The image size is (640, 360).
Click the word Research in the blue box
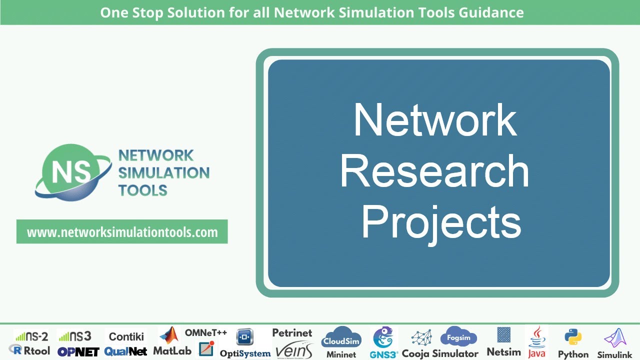coord(434,171)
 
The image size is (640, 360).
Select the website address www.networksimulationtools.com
coord(122,232)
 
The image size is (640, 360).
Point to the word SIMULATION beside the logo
coord(163,173)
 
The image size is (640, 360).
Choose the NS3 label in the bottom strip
coord(74,336)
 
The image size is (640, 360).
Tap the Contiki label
coord(126,336)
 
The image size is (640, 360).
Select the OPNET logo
coord(78,351)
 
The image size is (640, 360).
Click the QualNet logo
coord(126,351)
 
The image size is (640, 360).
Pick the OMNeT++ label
coord(206,332)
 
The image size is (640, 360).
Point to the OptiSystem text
coord(245,353)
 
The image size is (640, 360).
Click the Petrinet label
coord(292,333)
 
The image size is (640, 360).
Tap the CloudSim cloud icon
coord(341,337)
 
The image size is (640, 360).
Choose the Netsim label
coord(503,352)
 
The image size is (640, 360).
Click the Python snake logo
coord(573,337)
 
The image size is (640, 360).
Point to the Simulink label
coord(614,355)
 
